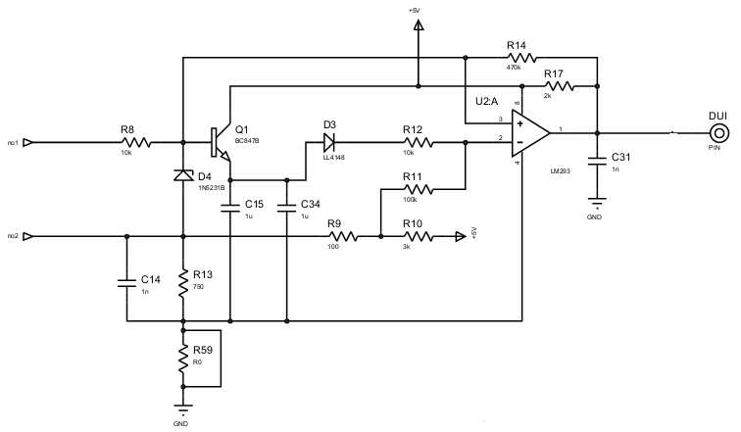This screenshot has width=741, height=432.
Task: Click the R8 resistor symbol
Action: [x=136, y=142]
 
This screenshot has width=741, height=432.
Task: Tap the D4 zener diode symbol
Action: [x=183, y=175]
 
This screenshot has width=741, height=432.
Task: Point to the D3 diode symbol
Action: [x=329, y=142]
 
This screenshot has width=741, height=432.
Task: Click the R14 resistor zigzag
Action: [x=521, y=58]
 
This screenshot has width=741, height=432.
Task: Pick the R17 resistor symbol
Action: [x=559, y=86]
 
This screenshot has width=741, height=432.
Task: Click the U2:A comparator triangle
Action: [x=530, y=133]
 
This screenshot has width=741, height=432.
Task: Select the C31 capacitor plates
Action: [x=597, y=162]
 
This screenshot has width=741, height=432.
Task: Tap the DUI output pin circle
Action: [x=718, y=133]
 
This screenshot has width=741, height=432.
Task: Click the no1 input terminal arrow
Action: [x=27, y=142]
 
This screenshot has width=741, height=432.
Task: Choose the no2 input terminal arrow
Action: [x=27, y=236]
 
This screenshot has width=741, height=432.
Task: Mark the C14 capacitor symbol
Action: [x=126, y=283]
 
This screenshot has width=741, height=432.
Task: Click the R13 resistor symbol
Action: [x=183, y=283]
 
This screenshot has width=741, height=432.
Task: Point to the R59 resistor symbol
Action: [x=183, y=359]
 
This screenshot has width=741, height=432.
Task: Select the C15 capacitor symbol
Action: [x=230, y=209]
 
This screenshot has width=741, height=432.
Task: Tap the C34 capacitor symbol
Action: [x=287, y=209]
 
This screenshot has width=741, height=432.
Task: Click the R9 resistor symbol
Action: [x=343, y=236]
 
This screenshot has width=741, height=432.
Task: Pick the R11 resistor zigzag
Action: [x=418, y=189]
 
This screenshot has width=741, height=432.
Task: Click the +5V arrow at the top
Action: [x=419, y=25]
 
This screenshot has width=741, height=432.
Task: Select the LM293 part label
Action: [x=560, y=170]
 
